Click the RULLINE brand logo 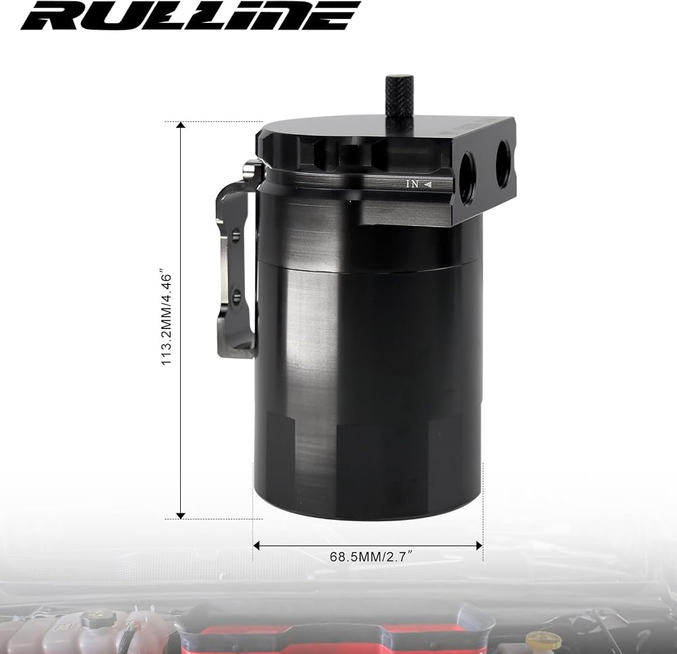pos(190,16)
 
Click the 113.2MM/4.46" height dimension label pos(167,319)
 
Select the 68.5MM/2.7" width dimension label pos(368,557)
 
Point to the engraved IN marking pos(412,184)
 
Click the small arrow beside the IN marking pos(428,184)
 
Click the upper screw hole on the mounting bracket pos(236,236)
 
